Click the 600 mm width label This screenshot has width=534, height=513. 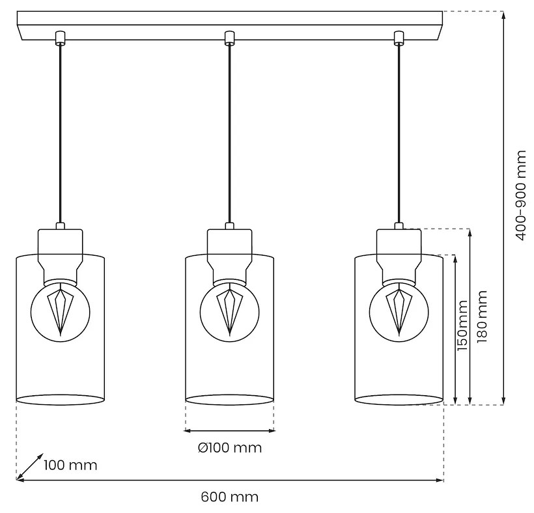[x=229, y=497]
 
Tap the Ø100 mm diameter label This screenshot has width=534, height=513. [x=229, y=448]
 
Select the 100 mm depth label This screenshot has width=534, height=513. [x=70, y=465]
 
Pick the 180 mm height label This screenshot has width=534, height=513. [x=481, y=318]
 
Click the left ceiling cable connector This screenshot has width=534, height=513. [x=60, y=38]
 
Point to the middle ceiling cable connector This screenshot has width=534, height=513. [x=229, y=38]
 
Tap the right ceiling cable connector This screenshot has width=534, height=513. [x=398, y=38]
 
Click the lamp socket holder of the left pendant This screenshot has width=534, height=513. [x=60, y=251]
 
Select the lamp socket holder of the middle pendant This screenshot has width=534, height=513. [x=229, y=251]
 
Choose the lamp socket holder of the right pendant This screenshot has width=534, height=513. [x=399, y=251]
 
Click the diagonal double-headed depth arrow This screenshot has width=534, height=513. [x=30, y=466]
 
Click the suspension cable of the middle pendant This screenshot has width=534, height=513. [x=229, y=130]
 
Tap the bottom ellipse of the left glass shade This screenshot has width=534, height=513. [x=60, y=400]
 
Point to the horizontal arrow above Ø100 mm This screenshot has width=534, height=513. [x=229, y=430]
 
